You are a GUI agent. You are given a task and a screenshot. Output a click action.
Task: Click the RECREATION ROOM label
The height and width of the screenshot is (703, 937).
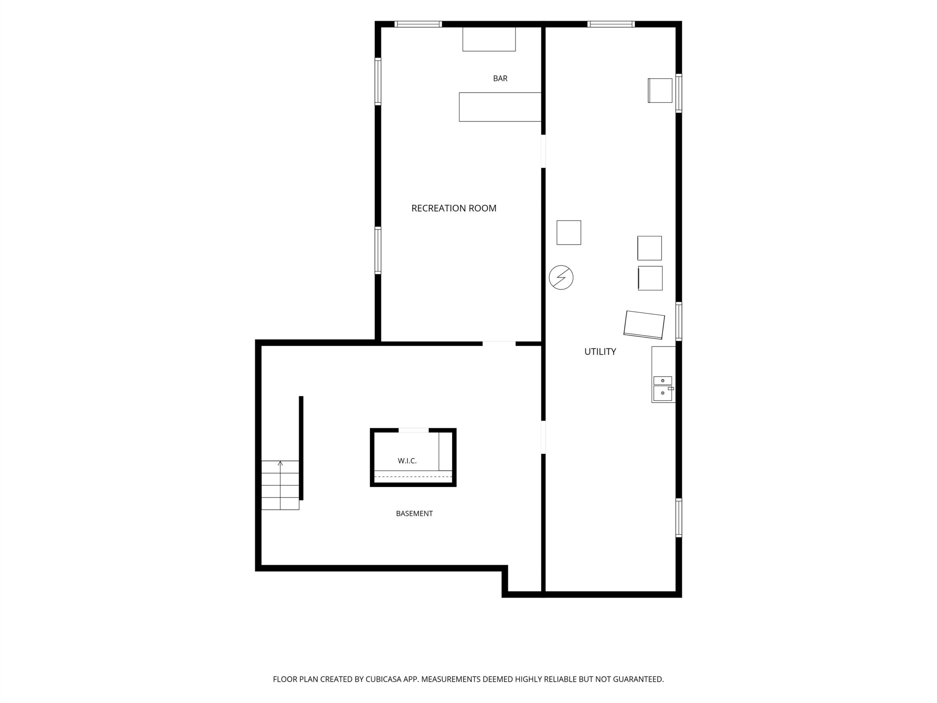click(x=453, y=208)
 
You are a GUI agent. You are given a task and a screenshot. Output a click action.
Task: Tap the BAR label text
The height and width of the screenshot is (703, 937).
click(x=500, y=78)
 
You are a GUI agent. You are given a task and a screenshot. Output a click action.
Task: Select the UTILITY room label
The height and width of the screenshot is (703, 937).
click(x=600, y=351)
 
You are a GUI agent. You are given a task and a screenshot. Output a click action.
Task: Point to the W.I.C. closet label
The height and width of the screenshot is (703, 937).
click(x=407, y=461)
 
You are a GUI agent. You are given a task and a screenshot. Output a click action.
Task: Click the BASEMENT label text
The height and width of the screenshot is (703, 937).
click(x=414, y=513)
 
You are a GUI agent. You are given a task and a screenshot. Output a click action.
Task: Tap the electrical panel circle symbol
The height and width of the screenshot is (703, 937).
click(x=561, y=278)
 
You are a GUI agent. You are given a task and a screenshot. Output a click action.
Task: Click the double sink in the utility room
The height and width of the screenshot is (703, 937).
click(x=662, y=388)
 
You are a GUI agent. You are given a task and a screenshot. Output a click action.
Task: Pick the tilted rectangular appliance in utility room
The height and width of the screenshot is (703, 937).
click(x=644, y=325)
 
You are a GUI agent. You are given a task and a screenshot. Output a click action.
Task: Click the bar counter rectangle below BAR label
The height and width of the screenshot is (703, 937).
click(x=500, y=107)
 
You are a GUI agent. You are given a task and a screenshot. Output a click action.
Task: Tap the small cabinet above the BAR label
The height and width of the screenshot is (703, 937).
click(x=489, y=39)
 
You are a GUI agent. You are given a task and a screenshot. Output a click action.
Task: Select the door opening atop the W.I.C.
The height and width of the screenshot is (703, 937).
click(x=414, y=430)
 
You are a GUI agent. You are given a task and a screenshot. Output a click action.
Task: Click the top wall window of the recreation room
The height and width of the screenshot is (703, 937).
click(x=418, y=24)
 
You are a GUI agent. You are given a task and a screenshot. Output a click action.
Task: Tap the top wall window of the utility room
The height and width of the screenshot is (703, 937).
click(x=611, y=24)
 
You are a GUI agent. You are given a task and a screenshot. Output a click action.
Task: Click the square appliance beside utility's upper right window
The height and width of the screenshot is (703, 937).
click(x=660, y=90)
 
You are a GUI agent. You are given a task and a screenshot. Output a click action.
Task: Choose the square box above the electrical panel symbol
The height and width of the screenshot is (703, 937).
click(x=568, y=232)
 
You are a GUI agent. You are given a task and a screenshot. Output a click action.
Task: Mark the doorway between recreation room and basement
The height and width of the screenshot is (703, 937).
click(x=499, y=343)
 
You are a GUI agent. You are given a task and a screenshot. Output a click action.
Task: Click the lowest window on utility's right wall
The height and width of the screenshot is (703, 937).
click(x=679, y=518)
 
